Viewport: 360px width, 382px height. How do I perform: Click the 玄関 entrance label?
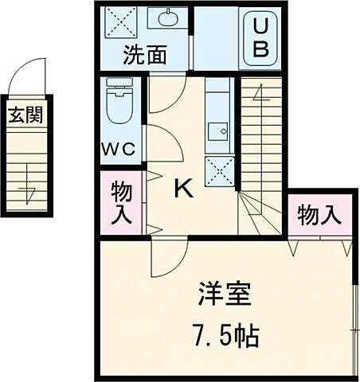tap(25, 116)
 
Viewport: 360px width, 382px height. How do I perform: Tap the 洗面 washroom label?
tap(144, 56)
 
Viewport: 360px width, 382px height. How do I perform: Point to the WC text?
tap(121, 149)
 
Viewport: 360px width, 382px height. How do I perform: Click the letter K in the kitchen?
tap(183, 189)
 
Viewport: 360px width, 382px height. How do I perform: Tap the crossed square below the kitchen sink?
tap(218, 170)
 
